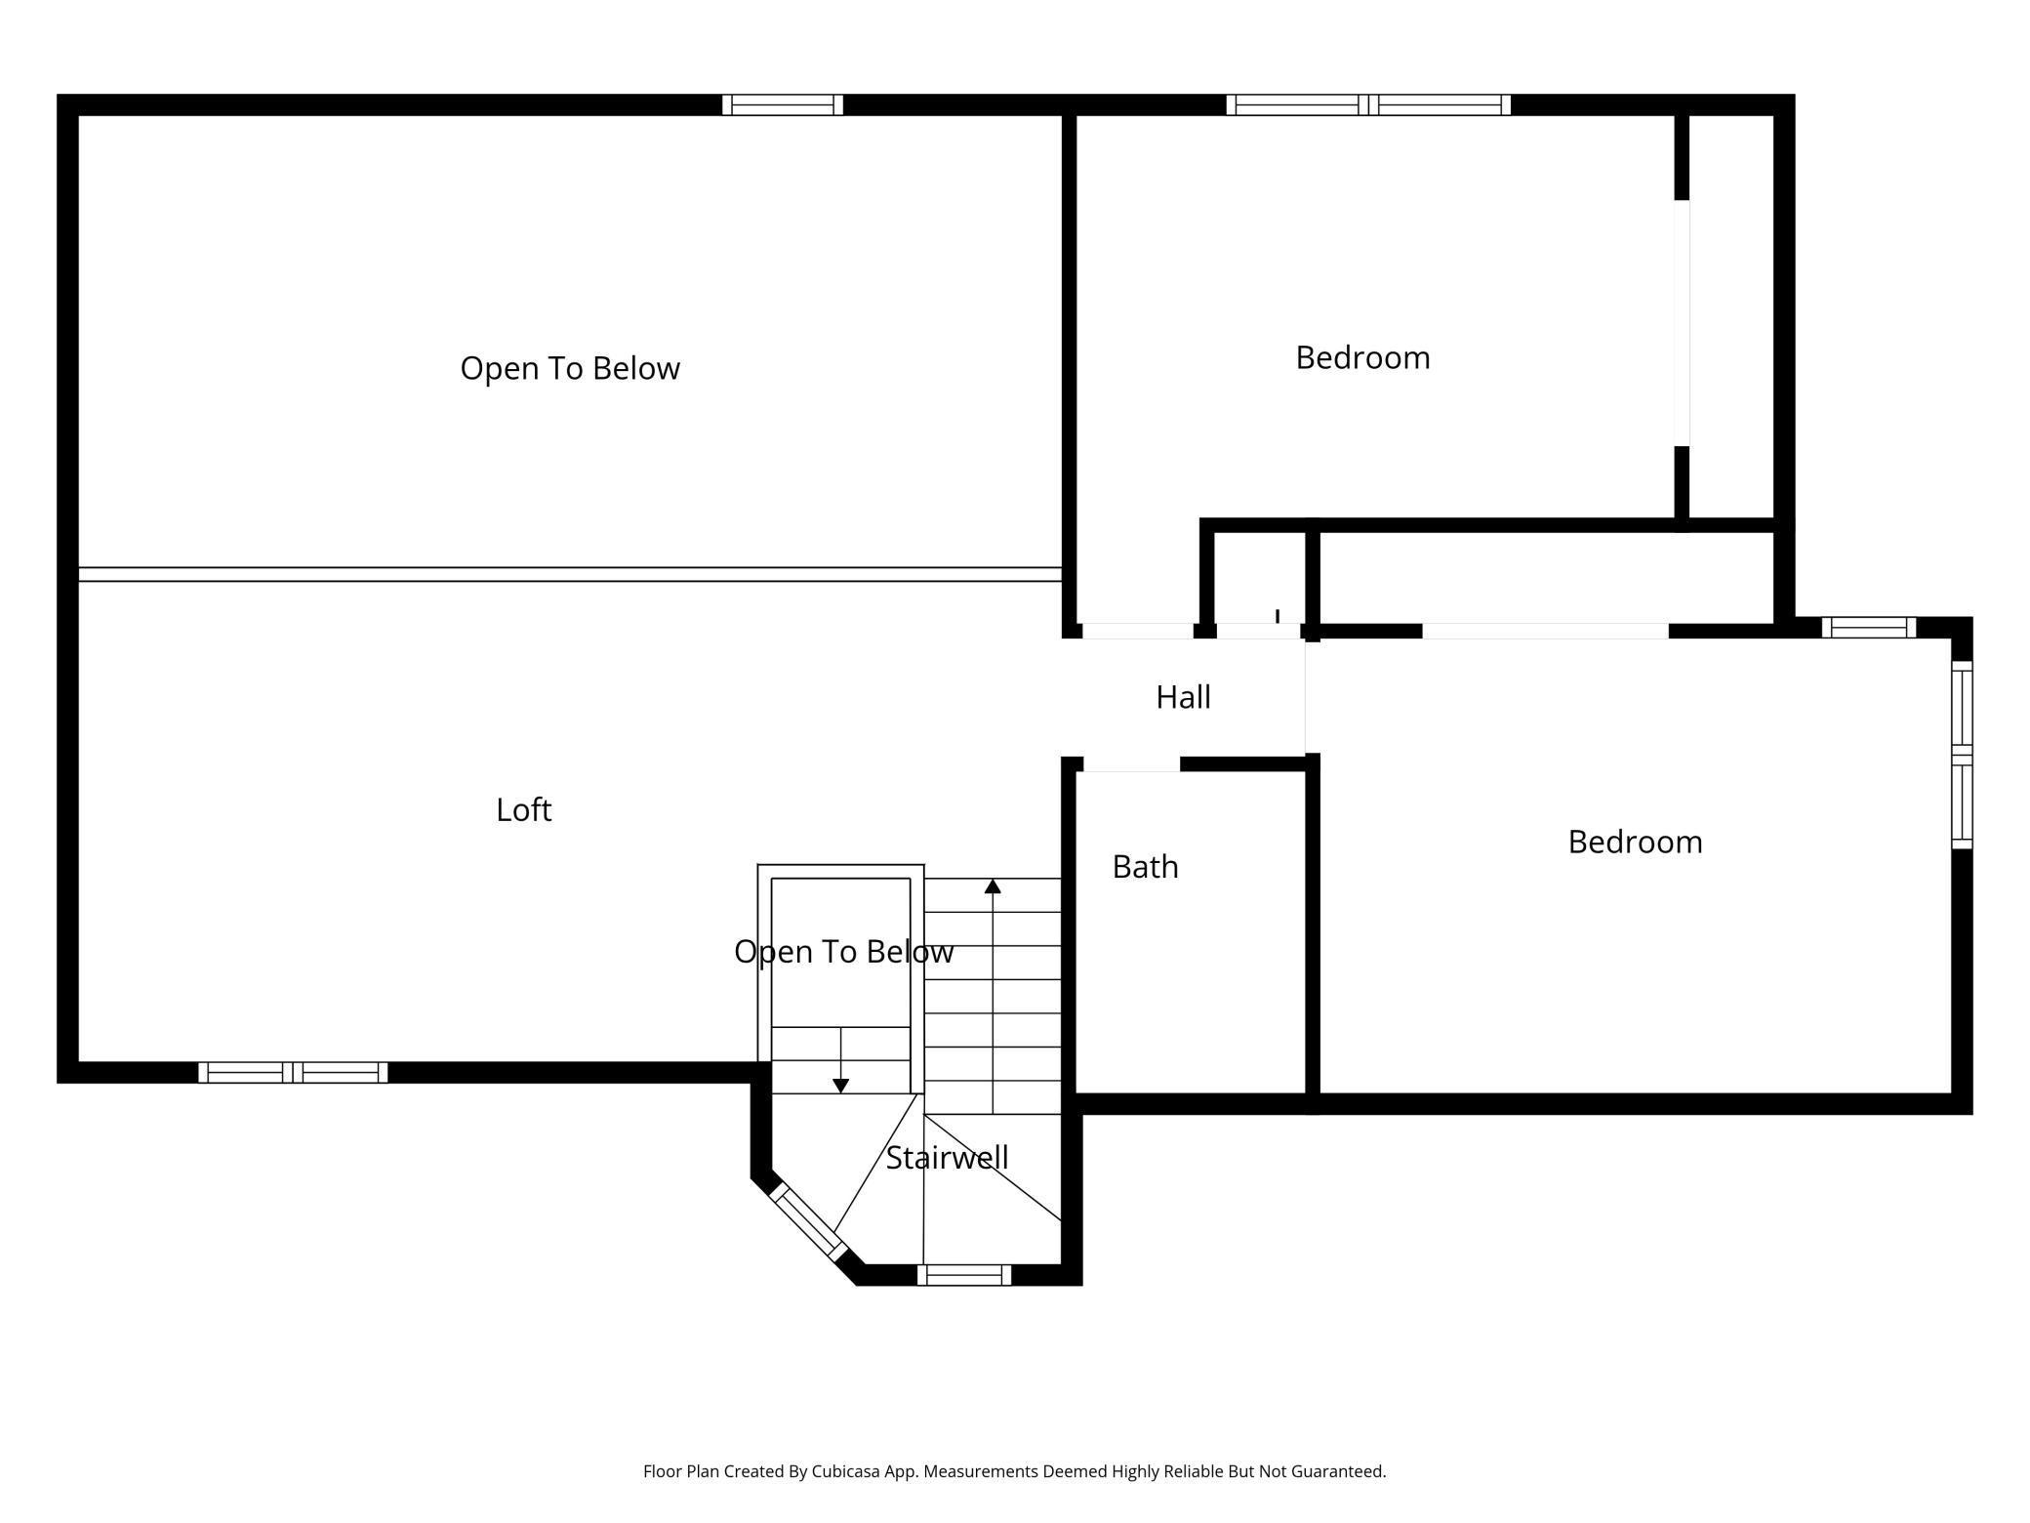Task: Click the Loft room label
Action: (x=524, y=809)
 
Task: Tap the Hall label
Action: (x=1183, y=697)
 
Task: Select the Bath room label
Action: (x=1146, y=867)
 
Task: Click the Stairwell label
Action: (x=947, y=1158)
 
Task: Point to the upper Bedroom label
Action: (x=1362, y=357)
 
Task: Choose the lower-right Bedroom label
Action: (x=1635, y=842)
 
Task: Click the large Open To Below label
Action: (x=570, y=368)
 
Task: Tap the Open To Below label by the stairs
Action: (x=844, y=952)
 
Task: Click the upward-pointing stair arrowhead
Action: (x=993, y=885)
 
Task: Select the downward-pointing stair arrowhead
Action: (x=840, y=1086)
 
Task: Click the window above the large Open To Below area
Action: (x=783, y=104)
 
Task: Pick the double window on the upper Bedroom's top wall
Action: (x=1368, y=104)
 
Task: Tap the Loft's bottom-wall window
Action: (x=293, y=1072)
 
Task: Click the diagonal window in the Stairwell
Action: (x=808, y=1221)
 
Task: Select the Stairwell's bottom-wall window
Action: (x=964, y=1274)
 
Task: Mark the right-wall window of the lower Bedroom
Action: (x=1962, y=755)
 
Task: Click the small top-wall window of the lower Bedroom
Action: (x=1869, y=627)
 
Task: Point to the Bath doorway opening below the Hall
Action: (x=1132, y=764)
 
